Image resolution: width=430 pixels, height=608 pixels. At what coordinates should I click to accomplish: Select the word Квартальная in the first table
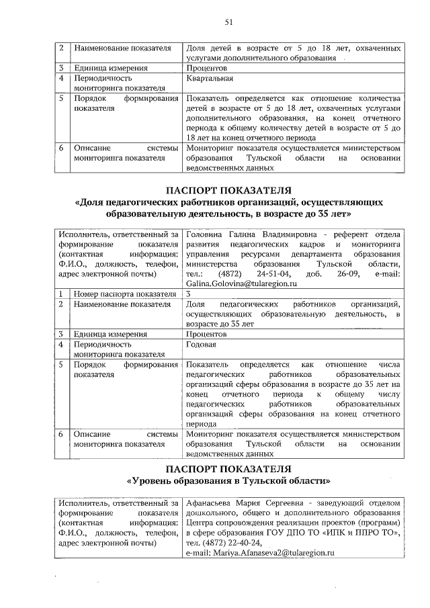209,78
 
